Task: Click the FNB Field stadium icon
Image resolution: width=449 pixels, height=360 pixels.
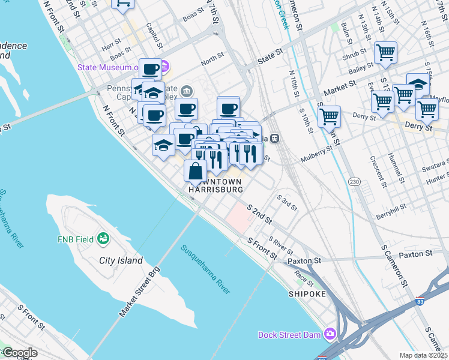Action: (104, 239)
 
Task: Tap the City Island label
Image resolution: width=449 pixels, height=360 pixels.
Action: (121, 260)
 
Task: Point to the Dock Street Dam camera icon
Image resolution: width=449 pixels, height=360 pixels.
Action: (329, 334)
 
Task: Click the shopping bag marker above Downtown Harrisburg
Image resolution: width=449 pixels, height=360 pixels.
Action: (195, 171)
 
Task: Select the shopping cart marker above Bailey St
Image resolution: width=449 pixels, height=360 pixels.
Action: (385, 52)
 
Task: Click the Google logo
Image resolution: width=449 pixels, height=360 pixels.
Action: (20, 353)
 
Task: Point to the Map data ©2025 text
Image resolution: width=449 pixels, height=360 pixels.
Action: (424, 355)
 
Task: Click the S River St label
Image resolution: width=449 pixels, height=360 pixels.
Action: (280, 245)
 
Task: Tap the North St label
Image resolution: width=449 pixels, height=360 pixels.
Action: (212, 61)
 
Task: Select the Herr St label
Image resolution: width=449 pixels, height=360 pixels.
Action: (112, 46)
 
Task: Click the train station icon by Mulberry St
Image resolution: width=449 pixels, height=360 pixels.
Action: (275, 138)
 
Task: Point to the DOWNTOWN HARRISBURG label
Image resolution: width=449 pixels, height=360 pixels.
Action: (215, 185)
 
